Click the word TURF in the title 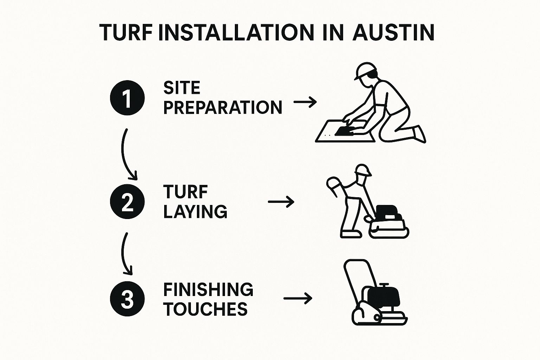(126, 33)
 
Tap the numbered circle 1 (127, 98)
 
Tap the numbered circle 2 (127, 201)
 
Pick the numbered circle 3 (127, 299)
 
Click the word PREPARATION (223, 108)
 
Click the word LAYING (195, 212)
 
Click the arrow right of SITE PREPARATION (305, 102)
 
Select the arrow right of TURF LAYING (281, 201)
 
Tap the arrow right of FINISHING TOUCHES (298, 298)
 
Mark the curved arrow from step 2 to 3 (123, 255)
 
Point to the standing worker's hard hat (363, 170)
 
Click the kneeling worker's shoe (420, 134)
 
